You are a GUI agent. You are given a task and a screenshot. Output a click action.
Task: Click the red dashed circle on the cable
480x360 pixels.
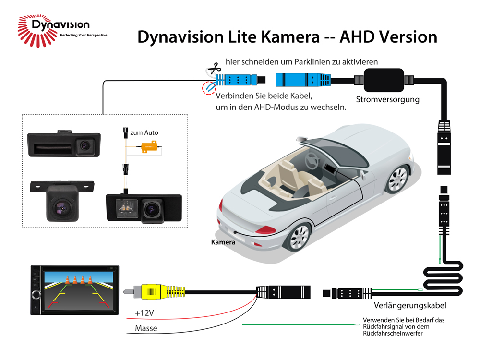[208, 88]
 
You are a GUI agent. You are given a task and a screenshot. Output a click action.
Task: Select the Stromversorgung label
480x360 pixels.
[387, 100]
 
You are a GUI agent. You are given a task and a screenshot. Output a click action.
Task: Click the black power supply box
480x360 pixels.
[384, 80]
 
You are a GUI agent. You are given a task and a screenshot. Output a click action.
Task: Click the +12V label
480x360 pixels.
[144, 313]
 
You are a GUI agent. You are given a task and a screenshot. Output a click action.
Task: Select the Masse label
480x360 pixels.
[146, 329]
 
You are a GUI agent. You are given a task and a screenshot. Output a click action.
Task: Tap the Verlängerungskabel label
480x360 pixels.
[410, 305]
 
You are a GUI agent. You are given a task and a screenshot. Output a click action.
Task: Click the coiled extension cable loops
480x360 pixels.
[442, 278]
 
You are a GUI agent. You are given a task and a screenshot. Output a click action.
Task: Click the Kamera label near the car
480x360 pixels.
[223, 242]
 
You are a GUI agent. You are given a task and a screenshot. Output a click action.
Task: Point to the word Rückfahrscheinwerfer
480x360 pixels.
[393, 334]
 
